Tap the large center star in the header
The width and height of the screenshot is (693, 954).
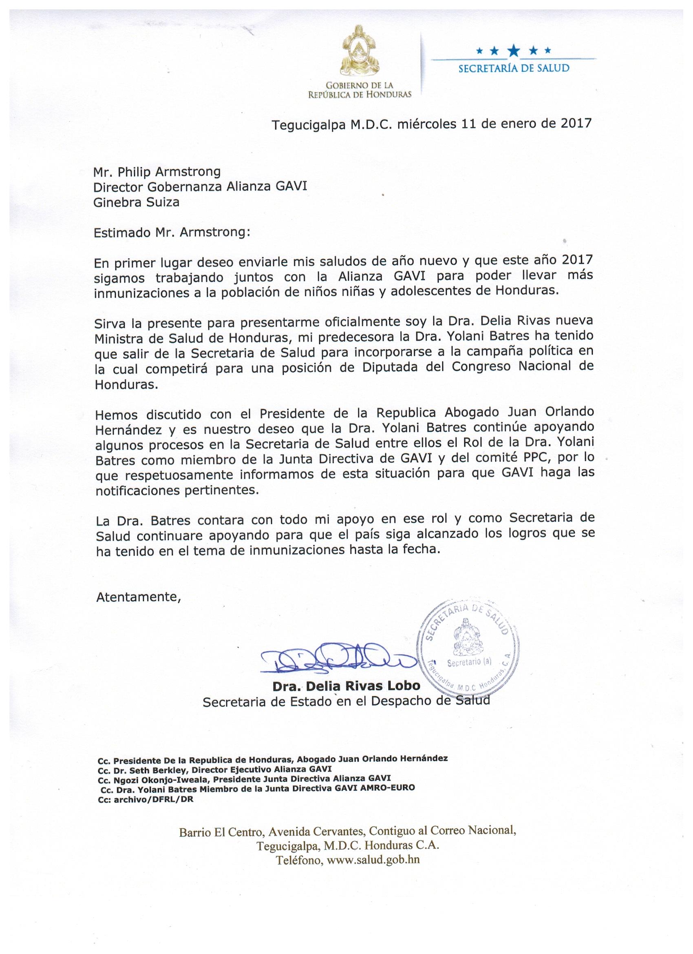514,51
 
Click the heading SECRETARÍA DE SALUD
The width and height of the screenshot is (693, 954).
514,68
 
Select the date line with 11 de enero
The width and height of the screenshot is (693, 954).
432,124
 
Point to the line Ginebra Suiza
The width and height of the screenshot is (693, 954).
137,202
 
